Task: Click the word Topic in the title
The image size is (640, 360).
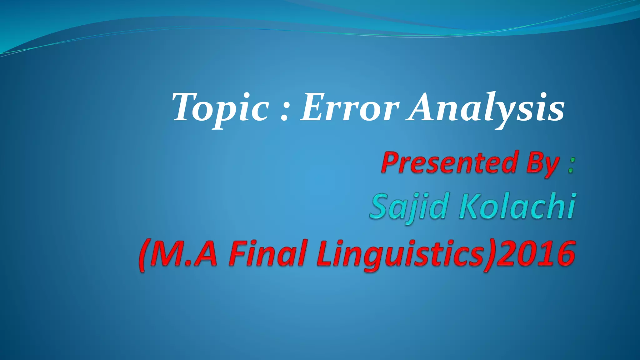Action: click(220, 108)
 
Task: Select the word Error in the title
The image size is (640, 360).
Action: click(349, 108)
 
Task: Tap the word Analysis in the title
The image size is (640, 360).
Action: click(486, 108)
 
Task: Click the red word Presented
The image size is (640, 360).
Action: click(449, 162)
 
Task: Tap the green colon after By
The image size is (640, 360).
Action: click(571, 166)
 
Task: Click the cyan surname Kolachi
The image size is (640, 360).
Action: click(517, 206)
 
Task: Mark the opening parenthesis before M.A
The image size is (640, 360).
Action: click(143, 255)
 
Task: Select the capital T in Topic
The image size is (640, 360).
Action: click(184, 107)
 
